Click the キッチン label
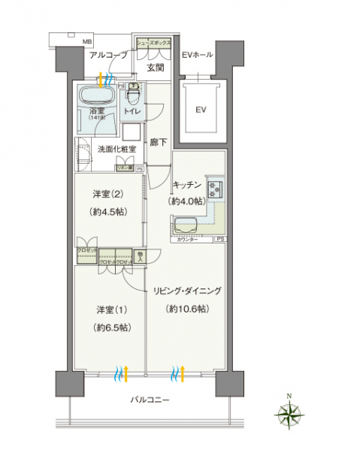coord(186,185)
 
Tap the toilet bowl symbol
coord(132,95)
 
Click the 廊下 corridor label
coord(157,139)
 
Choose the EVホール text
coord(197,55)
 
